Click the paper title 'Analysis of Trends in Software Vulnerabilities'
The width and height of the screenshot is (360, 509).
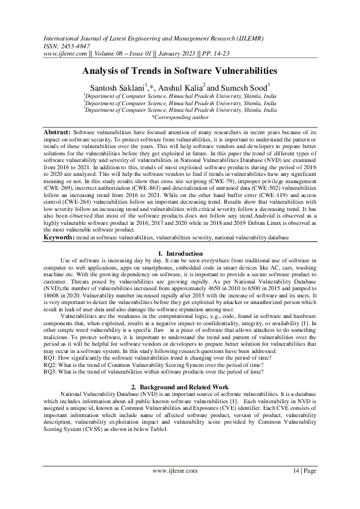click(x=180, y=71)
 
